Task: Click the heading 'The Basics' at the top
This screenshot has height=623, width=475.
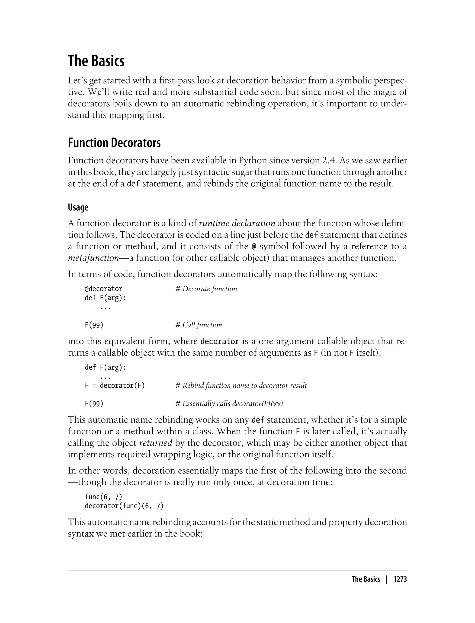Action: [96, 61]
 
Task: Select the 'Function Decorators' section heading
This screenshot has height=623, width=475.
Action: [114, 143]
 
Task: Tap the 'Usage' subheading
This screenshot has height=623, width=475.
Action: [78, 207]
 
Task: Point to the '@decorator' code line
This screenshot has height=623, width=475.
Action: [103, 289]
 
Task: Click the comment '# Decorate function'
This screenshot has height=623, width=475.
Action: [206, 289]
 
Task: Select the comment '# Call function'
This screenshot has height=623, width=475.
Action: [199, 325]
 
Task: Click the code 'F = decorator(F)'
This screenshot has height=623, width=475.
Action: [115, 385]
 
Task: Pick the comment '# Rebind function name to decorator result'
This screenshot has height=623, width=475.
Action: [241, 385]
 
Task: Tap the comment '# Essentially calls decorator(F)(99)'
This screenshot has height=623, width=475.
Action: [229, 404]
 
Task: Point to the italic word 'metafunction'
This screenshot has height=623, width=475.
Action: [93, 258]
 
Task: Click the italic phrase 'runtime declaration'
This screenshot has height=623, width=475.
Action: [237, 223]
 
